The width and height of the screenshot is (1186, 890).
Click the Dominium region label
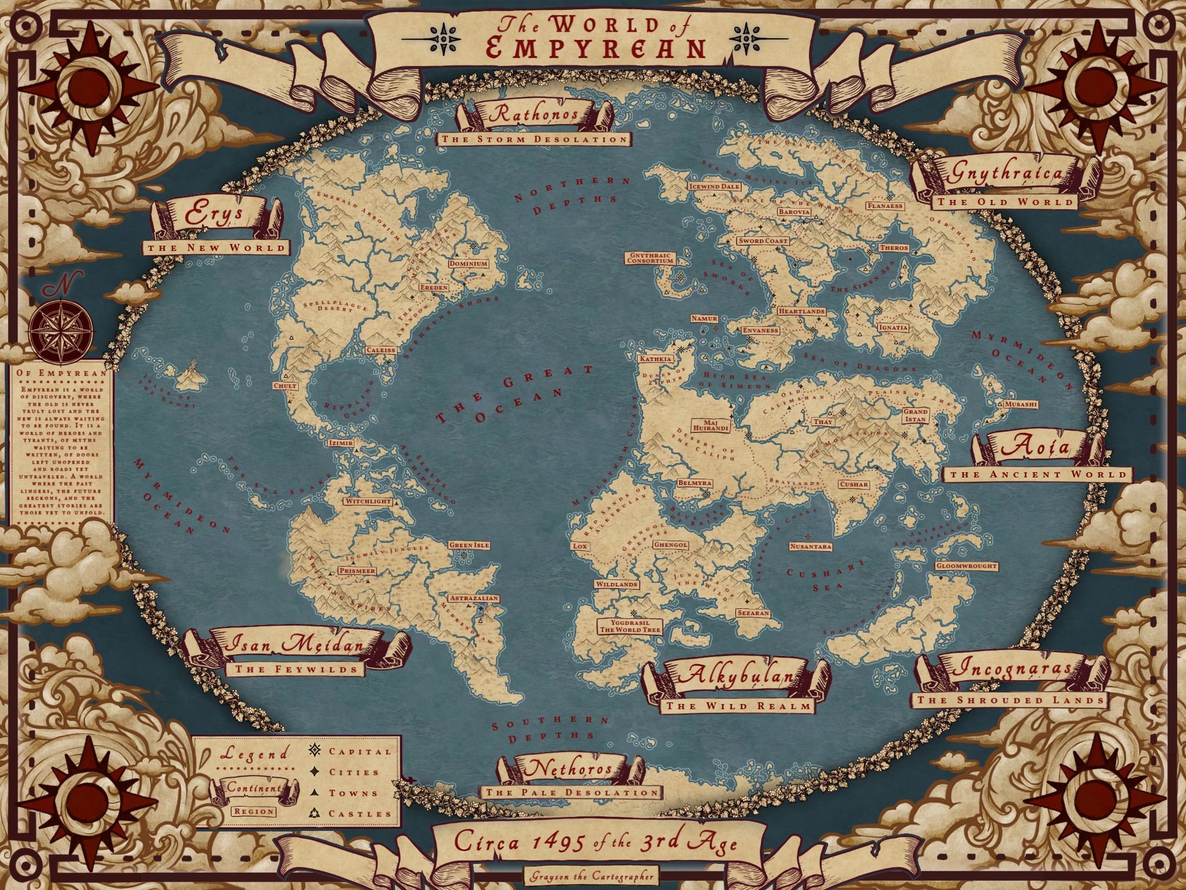[468, 264]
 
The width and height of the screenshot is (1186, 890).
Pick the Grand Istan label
[916, 415]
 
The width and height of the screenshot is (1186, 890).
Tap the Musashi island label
[1021, 404]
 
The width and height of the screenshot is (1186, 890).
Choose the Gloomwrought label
[967, 566]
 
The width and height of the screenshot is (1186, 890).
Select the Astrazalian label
[473, 599]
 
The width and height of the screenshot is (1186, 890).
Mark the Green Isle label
[470, 545]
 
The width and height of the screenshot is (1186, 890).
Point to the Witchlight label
[368, 501]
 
